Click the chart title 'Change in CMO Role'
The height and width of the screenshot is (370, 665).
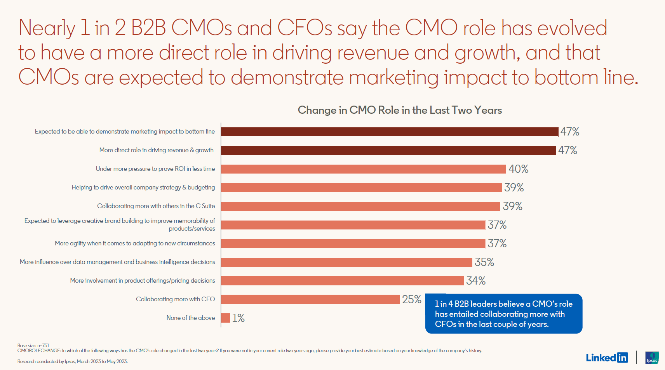click(400, 110)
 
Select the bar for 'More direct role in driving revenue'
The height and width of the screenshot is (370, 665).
click(388, 150)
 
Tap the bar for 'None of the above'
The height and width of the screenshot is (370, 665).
click(225, 318)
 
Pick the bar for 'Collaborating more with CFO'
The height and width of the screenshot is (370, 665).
click(310, 299)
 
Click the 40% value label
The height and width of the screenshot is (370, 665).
click(518, 169)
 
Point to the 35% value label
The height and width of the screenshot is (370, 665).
click(484, 262)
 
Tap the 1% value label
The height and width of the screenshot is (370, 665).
click(238, 318)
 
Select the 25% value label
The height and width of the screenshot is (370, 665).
click(411, 299)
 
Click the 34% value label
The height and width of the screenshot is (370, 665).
click(475, 281)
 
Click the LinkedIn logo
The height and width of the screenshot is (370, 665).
click(606, 357)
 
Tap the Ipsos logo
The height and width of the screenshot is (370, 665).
click(652, 358)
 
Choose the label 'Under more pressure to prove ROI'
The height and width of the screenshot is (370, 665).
click(155, 169)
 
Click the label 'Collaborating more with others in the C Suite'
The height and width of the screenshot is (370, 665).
click(156, 206)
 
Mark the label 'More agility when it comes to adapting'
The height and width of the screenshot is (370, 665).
click(135, 243)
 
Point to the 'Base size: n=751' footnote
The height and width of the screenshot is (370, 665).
click(33, 345)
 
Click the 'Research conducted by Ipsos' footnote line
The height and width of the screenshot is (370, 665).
click(72, 361)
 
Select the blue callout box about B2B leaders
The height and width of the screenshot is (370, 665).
click(503, 314)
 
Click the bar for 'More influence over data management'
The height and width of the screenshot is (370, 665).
click(346, 262)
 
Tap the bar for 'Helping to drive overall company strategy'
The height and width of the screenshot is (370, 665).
click(361, 188)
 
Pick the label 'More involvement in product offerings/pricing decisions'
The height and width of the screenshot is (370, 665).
click(142, 281)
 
